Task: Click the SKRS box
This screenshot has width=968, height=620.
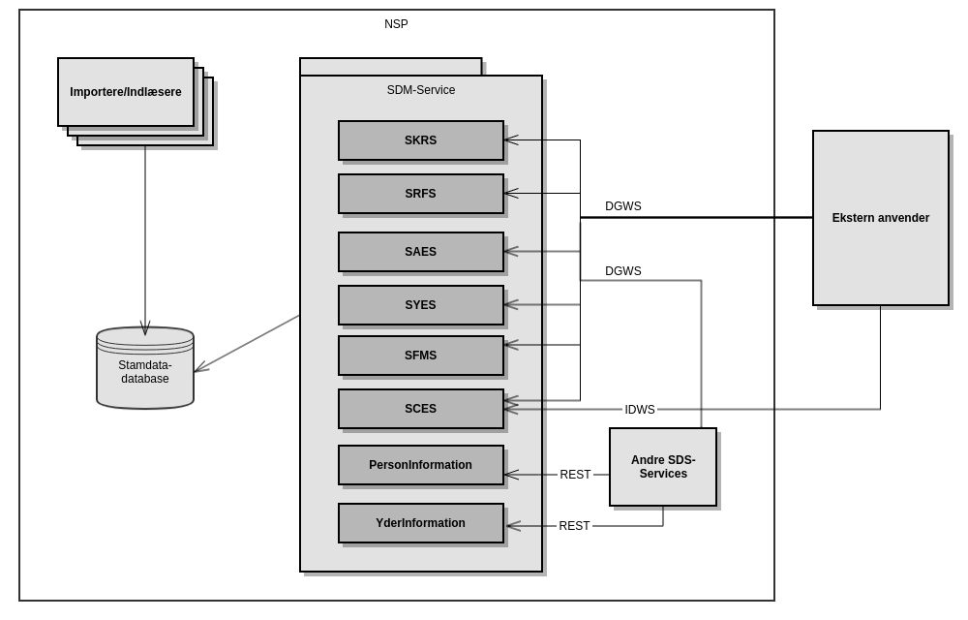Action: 421,140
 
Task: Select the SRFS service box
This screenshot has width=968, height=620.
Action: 421,194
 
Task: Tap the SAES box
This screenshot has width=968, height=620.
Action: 421,252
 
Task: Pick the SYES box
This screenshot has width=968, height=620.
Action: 421,305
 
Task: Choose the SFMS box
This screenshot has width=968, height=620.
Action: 421,356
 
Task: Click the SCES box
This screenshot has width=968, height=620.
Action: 421,409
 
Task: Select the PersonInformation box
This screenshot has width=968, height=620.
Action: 421,465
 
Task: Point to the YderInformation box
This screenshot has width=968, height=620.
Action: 421,523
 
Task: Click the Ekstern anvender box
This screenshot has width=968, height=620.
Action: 881,218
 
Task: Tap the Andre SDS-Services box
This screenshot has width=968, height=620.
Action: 663,467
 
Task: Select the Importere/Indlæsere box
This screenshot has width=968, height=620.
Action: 126,92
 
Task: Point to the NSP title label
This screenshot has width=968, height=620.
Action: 396,24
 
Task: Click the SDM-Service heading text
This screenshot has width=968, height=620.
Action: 421,90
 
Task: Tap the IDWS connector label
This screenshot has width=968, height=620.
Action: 640,410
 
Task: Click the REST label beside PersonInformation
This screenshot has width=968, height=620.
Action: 575,475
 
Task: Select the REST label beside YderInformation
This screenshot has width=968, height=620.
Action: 574,526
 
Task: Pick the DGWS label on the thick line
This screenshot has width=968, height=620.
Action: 623,206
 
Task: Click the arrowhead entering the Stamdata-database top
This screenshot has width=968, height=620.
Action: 145,329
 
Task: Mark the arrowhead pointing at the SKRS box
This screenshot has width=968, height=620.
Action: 510,140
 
